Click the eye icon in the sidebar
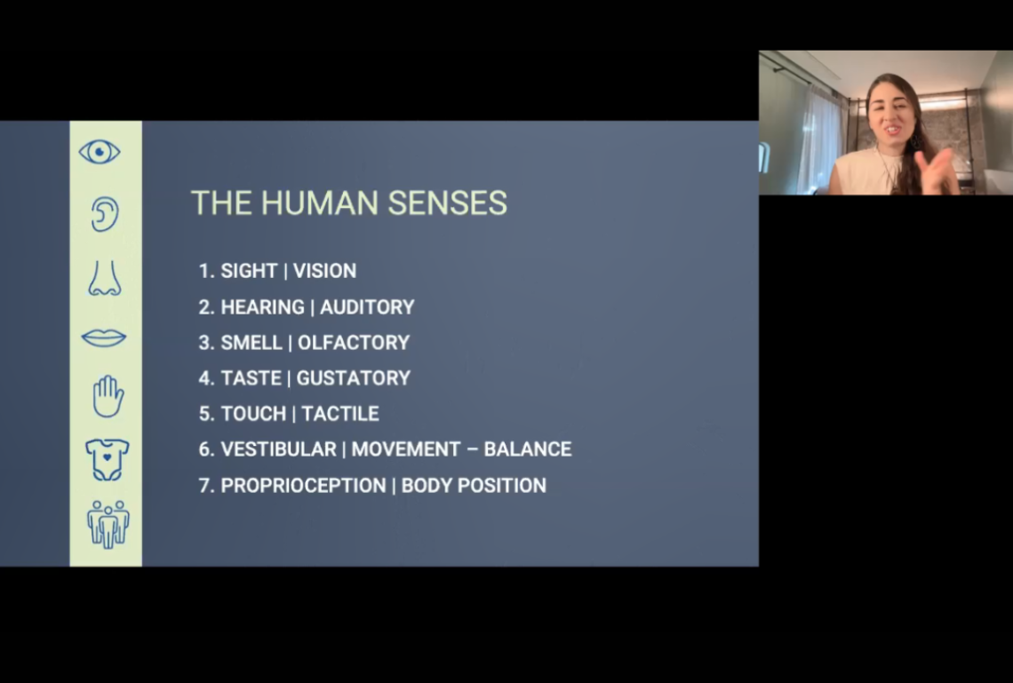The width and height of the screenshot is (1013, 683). pos(100,153)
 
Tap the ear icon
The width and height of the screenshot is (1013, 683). pos(104,214)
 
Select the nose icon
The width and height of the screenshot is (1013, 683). pos(105,278)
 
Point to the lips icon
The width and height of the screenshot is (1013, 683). pos(103,338)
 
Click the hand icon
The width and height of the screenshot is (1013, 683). pos(108,396)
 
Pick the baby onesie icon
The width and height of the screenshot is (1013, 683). pos(108,460)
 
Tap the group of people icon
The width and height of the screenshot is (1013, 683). pos(108,524)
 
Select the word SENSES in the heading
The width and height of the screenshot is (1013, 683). pos(447,203)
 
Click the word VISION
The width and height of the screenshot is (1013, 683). pos(324,271)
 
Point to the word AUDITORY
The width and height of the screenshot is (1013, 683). pos(367,306)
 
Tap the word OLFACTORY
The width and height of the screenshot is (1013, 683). pos(354,342)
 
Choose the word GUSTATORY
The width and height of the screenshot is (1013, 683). pos(354,377)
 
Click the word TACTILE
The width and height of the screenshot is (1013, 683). pos(339,413)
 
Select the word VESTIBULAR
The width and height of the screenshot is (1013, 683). pos(278,449)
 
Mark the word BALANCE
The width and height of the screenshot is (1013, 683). pos(527,449)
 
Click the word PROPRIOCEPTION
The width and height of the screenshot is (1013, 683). pos(303,486)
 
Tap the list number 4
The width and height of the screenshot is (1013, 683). pos(204,377)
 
